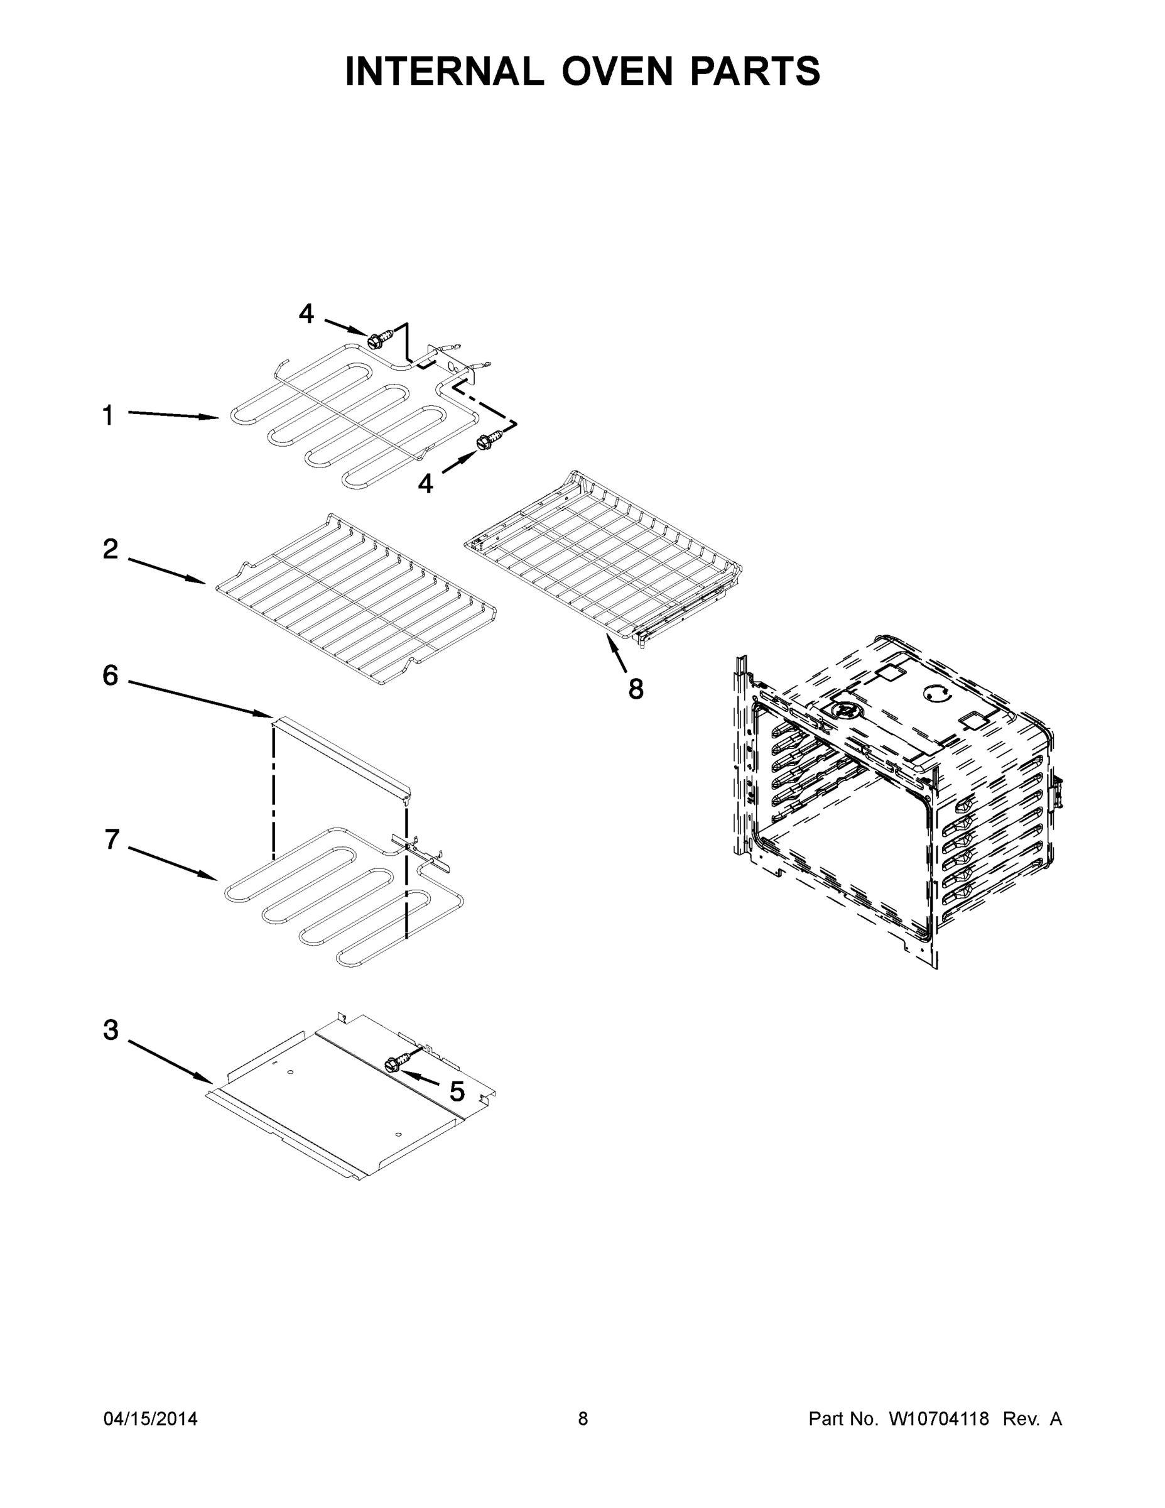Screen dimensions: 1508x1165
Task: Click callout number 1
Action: [107, 416]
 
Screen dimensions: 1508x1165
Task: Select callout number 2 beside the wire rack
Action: [111, 550]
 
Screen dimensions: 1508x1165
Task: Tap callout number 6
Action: [111, 675]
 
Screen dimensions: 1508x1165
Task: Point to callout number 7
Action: [112, 839]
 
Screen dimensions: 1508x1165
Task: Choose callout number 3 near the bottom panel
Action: [111, 1030]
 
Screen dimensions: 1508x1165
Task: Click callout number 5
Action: [457, 1091]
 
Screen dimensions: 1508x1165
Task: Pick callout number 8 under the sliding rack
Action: [636, 689]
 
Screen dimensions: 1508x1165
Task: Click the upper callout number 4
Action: [306, 314]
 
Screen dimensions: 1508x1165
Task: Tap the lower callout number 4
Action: [426, 484]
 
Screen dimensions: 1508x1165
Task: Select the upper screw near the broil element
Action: [377, 339]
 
